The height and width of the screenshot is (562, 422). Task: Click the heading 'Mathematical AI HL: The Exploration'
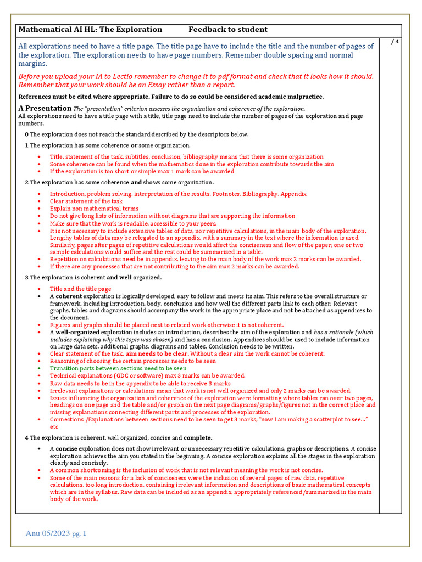(90, 30)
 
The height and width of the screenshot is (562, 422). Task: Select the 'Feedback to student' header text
(228, 30)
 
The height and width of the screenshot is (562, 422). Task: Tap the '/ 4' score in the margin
(395, 42)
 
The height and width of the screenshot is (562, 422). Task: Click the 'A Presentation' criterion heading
(44, 108)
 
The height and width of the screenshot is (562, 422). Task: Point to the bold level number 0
(26, 134)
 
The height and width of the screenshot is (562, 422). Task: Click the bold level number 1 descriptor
(26, 145)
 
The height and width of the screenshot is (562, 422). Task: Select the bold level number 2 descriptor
(26, 182)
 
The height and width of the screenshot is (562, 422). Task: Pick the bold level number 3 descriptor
(26, 278)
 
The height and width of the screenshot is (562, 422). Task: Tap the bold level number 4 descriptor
(26, 437)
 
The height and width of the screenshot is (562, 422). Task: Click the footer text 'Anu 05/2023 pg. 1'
(56, 533)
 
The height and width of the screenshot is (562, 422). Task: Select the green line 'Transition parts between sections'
(118, 368)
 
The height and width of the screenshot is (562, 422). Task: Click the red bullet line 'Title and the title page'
(80, 289)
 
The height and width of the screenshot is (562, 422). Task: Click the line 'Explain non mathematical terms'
(94, 209)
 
